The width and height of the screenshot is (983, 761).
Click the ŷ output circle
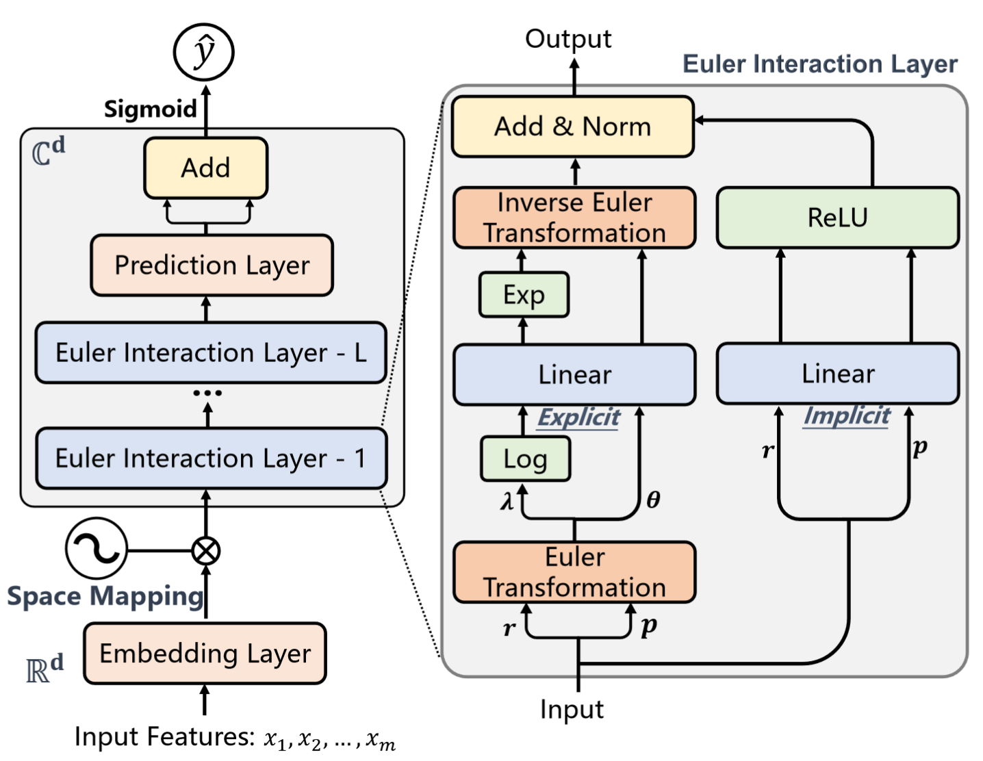[204, 53]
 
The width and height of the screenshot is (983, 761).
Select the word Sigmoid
[150, 109]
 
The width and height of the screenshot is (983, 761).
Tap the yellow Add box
[205, 168]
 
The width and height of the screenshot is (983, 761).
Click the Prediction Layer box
[212, 266]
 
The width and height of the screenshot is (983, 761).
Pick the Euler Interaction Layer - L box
[211, 352]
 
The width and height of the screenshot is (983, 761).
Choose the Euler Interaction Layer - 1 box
[211, 458]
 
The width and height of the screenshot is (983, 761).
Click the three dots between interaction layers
[207, 393]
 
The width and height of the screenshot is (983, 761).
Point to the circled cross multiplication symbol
[206, 550]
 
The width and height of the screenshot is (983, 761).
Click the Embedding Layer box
[205, 653]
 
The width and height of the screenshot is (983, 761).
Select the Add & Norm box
[573, 127]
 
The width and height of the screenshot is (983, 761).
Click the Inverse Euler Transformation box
[574, 218]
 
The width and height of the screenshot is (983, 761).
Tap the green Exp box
[524, 295]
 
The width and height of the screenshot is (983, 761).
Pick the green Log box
[525, 459]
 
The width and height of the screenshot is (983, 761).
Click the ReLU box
[837, 218]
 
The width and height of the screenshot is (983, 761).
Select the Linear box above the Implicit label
[837, 374]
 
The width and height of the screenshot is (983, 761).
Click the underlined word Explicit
[578, 417]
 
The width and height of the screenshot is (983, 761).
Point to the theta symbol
[653, 500]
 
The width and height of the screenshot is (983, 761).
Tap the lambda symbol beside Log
[507, 502]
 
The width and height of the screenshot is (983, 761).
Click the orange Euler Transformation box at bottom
[574, 572]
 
